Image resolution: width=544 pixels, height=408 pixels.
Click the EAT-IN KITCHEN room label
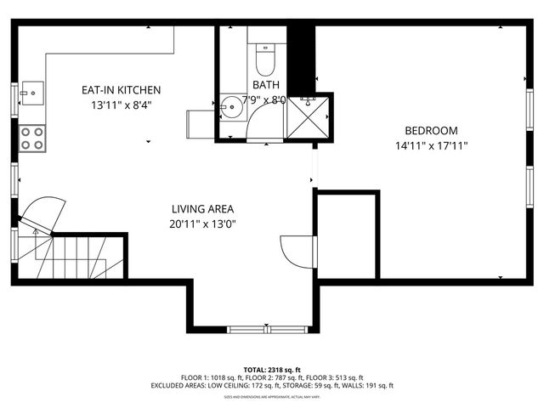[121, 90]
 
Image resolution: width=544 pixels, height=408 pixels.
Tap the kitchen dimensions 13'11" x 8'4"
[121, 105]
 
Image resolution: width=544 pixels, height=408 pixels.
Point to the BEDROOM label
[430, 131]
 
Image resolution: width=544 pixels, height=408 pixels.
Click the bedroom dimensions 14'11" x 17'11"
[430, 145]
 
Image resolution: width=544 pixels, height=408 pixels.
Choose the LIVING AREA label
[202, 209]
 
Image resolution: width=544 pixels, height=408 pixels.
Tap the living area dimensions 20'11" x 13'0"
[202, 224]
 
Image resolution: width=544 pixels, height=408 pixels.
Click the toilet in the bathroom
[263, 59]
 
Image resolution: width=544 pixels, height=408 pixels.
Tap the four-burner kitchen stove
[32, 139]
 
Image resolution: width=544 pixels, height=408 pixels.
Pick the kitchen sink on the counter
[31, 90]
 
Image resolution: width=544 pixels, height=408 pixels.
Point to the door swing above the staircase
[45, 212]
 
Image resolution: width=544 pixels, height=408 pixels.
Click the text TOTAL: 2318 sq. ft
[271, 370]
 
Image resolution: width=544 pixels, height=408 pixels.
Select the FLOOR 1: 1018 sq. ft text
[212, 377]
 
